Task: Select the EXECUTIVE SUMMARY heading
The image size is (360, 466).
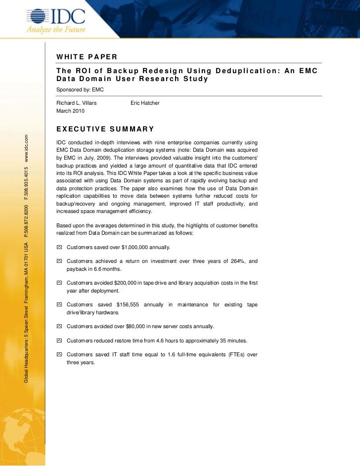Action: point(105,129)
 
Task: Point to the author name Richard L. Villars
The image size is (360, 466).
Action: point(77,103)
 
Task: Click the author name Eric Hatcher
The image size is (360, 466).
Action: point(145,103)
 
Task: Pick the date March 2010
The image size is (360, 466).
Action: point(70,111)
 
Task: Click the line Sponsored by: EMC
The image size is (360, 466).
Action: point(80,89)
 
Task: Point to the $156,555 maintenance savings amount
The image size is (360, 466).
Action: point(130,304)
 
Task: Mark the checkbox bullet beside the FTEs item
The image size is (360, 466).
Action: point(59,355)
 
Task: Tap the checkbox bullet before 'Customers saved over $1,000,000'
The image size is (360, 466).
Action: point(59,247)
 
